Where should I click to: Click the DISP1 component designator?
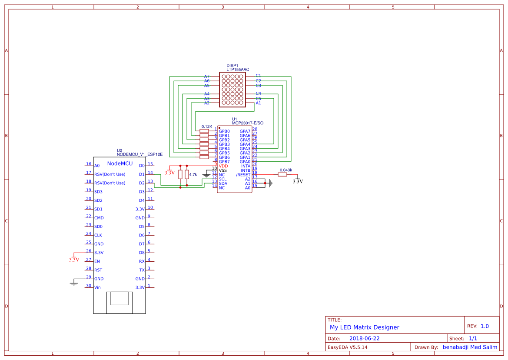tap(232, 66)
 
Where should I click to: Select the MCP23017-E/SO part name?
tap(247, 123)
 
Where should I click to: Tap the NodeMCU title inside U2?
tap(120, 163)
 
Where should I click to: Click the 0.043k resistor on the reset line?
tap(282, 174)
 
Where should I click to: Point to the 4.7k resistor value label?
tap(193, 174)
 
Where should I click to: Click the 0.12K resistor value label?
tap(207, 127)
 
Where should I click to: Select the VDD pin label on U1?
tap(223, 166)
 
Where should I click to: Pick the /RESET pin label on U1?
tap(243, 175)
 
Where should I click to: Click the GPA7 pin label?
tap(245, 131)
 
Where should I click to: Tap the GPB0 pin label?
tap(224, 131)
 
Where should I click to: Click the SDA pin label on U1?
tap(223, 183)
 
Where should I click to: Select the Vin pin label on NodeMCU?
tap(98, 287)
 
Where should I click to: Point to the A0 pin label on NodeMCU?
tap(97, 166)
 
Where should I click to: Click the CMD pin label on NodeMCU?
tap(99, 218)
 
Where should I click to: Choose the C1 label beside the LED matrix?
tap(258, 76)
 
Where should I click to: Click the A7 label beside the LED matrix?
tap(207, 77)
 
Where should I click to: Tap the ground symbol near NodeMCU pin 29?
tap(74, 284)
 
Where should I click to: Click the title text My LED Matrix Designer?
tap(364, 327)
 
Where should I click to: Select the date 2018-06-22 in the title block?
tap(364, 338)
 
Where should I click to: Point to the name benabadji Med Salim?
tap(470, 347)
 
